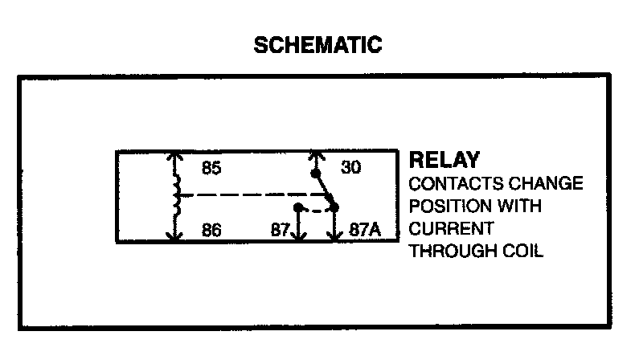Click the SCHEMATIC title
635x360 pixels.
pos(317,46)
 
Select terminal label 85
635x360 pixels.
pos(211,170)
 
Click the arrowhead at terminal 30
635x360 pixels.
pos(316,156)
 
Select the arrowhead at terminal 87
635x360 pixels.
pos(298,238)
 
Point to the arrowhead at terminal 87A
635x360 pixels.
pos(334,238)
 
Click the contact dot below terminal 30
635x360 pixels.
pos(316,173)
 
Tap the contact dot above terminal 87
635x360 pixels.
pos(298,208)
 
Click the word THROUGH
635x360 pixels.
pos(450,251)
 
